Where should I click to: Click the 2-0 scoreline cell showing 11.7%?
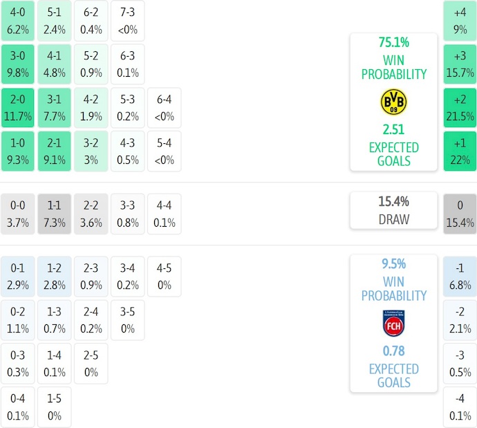click(x=17, y=108)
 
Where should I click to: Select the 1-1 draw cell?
click(x=54, y=214)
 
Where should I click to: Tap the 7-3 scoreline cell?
click(x=127, y=21)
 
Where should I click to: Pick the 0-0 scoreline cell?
click(x=17, y=214)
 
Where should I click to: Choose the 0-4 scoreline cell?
click(x=17, y=408)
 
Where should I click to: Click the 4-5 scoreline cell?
click(x=163, y=277)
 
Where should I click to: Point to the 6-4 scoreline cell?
click(x=163, y=108)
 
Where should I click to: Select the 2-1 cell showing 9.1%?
click(x=54, y=151)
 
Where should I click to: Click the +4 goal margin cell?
click(x=460, y=21)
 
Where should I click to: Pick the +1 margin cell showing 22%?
click(x=460, y=151)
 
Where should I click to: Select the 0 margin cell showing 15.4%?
click(x=460, y=214)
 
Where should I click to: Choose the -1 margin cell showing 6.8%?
click(x=460, y=277)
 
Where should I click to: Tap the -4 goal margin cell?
click(x=460, y=408)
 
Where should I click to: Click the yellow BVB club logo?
click(x=393, y=102)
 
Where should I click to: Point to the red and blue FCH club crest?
click(x=393, y=323)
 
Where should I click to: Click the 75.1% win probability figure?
click(x=393, y=41)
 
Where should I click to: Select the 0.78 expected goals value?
click(x=393, y=351)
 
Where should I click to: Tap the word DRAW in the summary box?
click(x=393, y=220)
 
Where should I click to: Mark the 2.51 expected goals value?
click(x=393, y=129)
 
